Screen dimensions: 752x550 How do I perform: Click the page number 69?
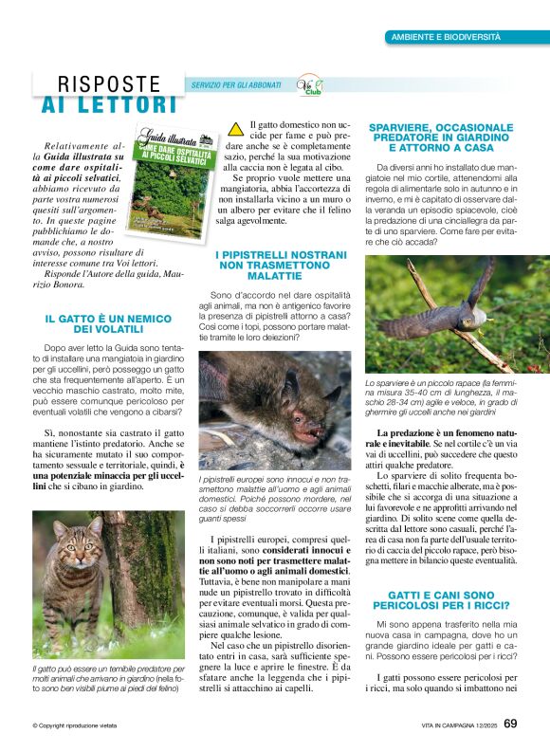[510, 724]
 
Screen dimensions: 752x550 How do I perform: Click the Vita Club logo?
[309, 86]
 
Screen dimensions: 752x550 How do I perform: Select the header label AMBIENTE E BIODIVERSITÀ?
[446, 37]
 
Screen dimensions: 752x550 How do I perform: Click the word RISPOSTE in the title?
[110, 84]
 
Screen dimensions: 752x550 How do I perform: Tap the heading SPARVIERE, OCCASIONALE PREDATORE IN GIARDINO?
[440, 138]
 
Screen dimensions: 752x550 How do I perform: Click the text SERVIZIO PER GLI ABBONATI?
[236, 85]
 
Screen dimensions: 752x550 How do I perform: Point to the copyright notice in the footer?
[74, 725]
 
